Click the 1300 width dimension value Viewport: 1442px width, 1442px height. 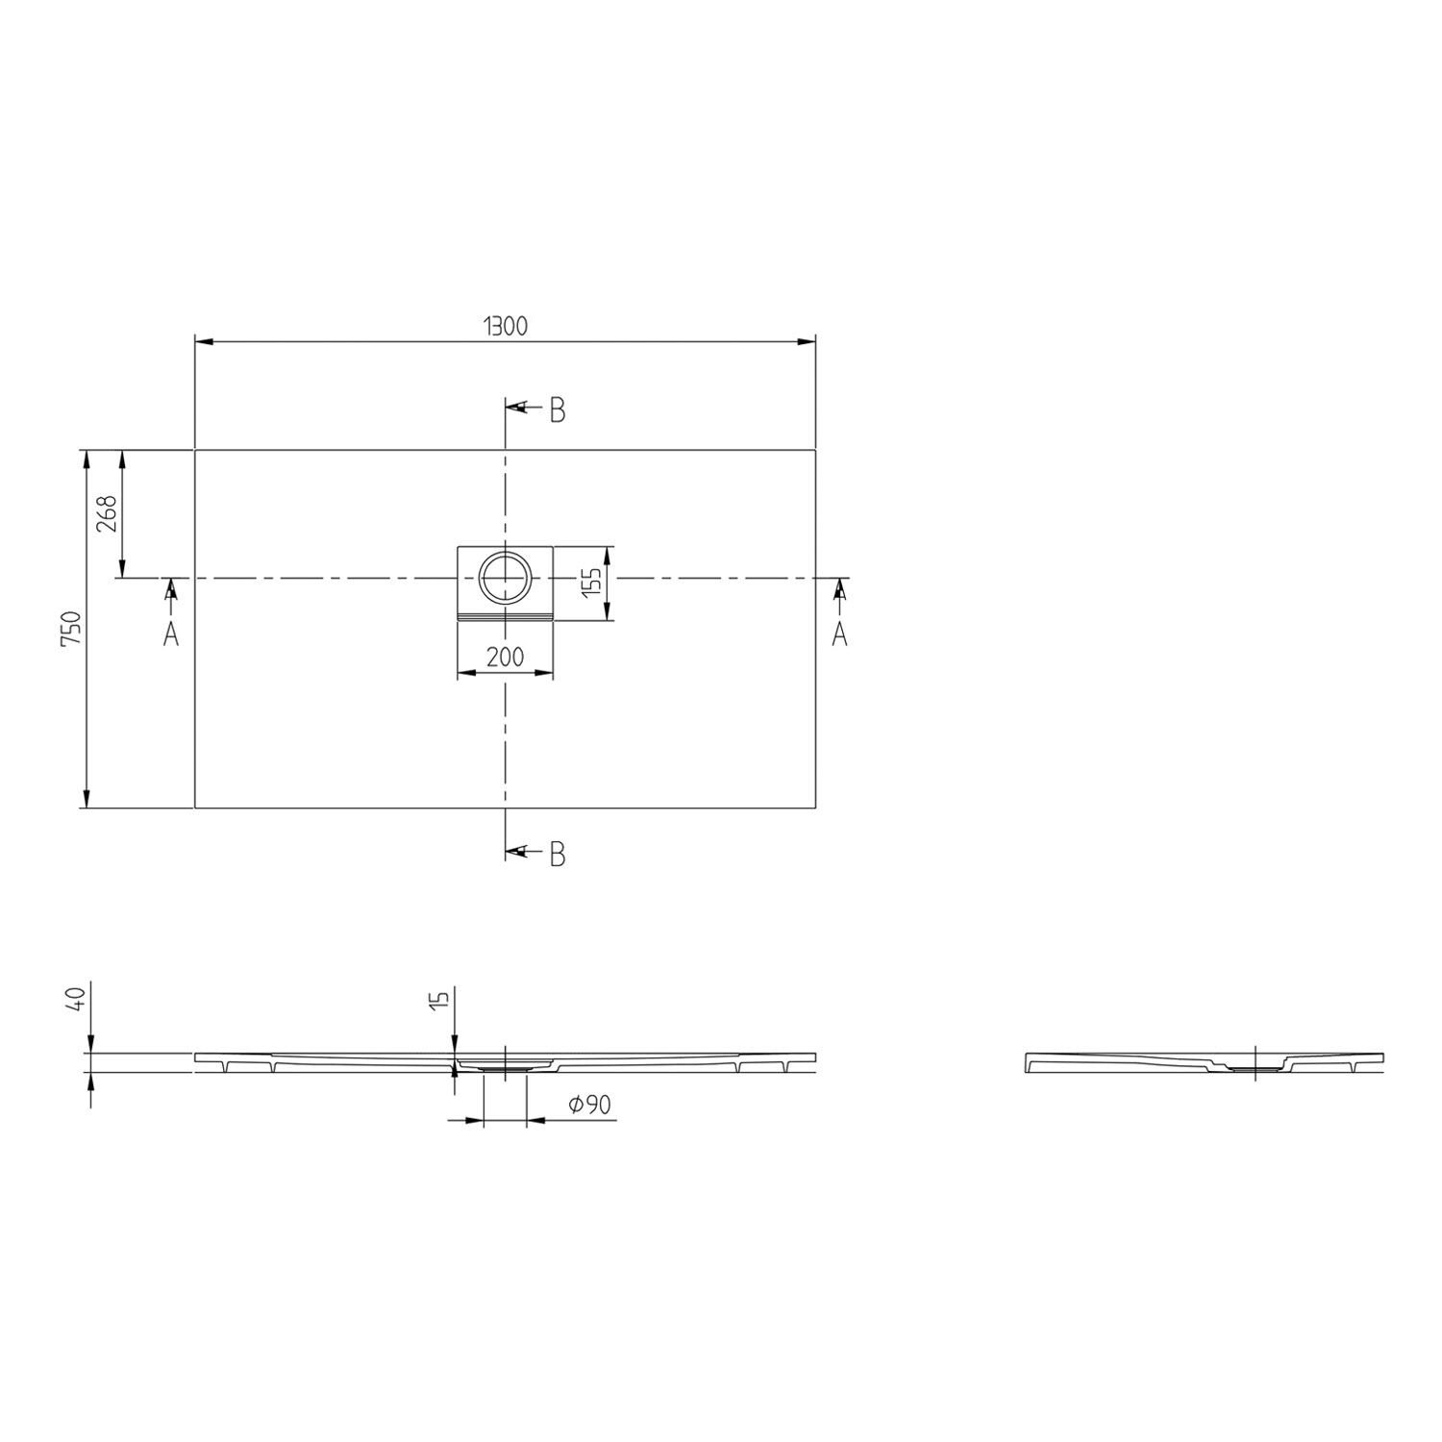point(505,326)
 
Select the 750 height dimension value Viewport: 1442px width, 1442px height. point(75,629)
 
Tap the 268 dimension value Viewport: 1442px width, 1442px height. point(107,513)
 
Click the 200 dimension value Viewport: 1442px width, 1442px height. point(505,658)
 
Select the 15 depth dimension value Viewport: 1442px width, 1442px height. point(441,996)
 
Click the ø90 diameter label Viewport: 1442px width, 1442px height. point(589,1106)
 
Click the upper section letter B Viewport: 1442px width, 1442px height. point(558,410)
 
